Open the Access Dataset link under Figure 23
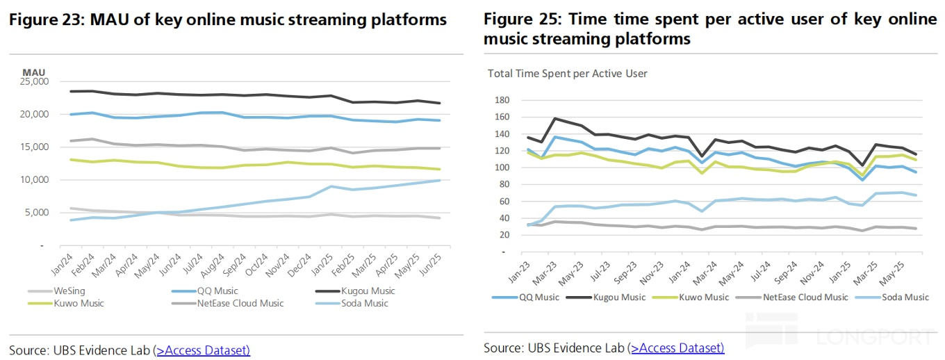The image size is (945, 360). click(203, 350)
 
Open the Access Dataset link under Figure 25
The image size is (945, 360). click(677, 347)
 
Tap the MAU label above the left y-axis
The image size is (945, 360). click(33, 72)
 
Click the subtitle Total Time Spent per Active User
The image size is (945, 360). click(567, 73)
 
